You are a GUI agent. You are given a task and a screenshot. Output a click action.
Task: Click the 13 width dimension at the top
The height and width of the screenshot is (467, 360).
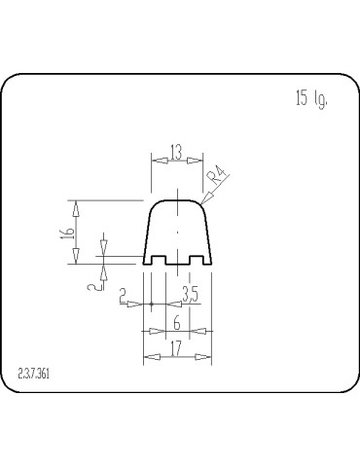(x=176, y=151)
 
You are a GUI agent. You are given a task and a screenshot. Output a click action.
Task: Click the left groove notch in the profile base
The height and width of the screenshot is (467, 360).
(x=157, y=261)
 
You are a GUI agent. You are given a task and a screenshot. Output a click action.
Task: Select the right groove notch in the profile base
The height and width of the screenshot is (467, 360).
(x=198, y=261)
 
